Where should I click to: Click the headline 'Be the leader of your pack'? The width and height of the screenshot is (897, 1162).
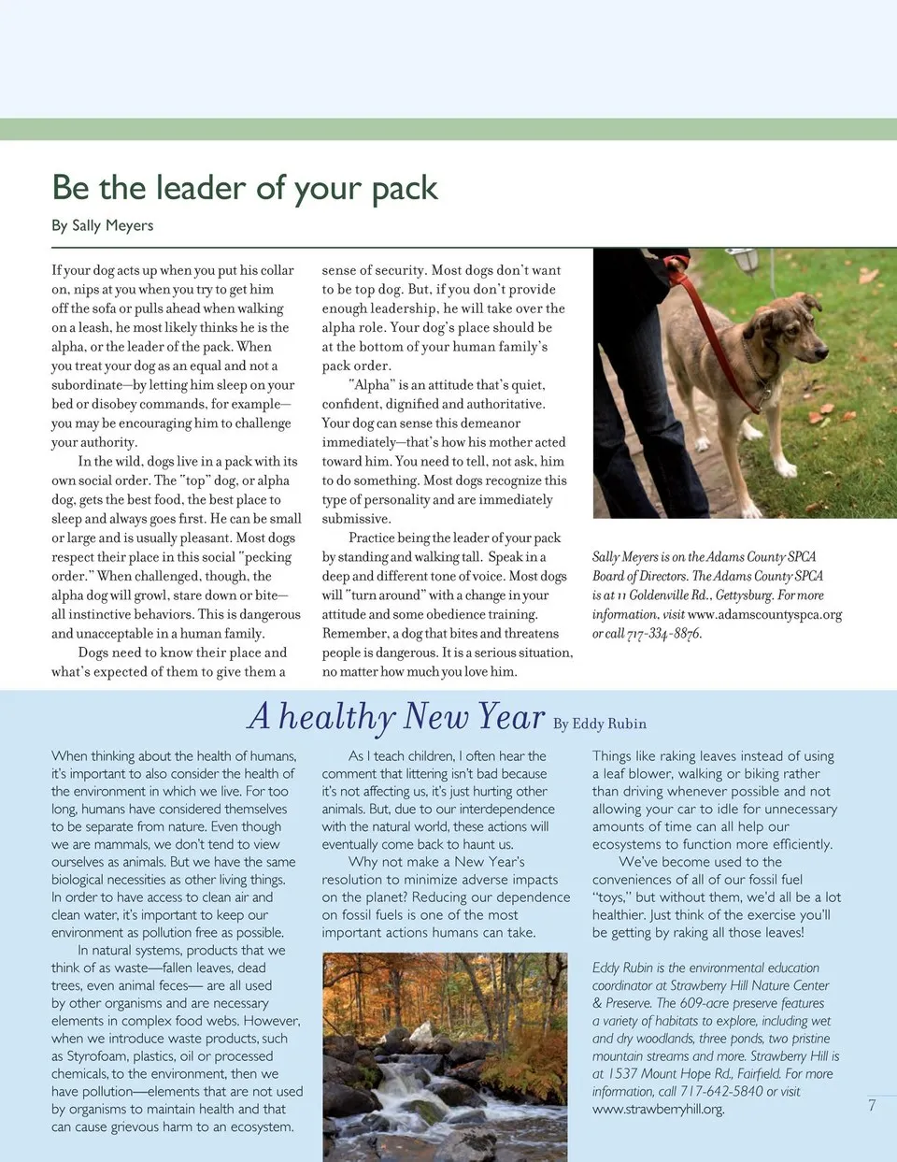point(245,188)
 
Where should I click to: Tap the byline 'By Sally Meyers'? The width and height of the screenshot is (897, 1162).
point(103,225)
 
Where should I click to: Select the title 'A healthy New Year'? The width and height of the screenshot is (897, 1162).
point(396,717)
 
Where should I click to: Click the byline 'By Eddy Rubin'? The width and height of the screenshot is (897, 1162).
point(600,724)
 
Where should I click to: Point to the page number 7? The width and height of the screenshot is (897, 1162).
point(872,1105)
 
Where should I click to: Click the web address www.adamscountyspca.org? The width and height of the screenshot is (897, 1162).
point(764,614)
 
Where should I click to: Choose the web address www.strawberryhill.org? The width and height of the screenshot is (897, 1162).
point(658,1110)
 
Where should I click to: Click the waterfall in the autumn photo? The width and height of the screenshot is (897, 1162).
point(411,1094)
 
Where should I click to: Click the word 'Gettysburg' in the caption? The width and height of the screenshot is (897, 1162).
point(744,595)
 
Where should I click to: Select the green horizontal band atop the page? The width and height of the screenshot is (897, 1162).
point(448,130)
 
